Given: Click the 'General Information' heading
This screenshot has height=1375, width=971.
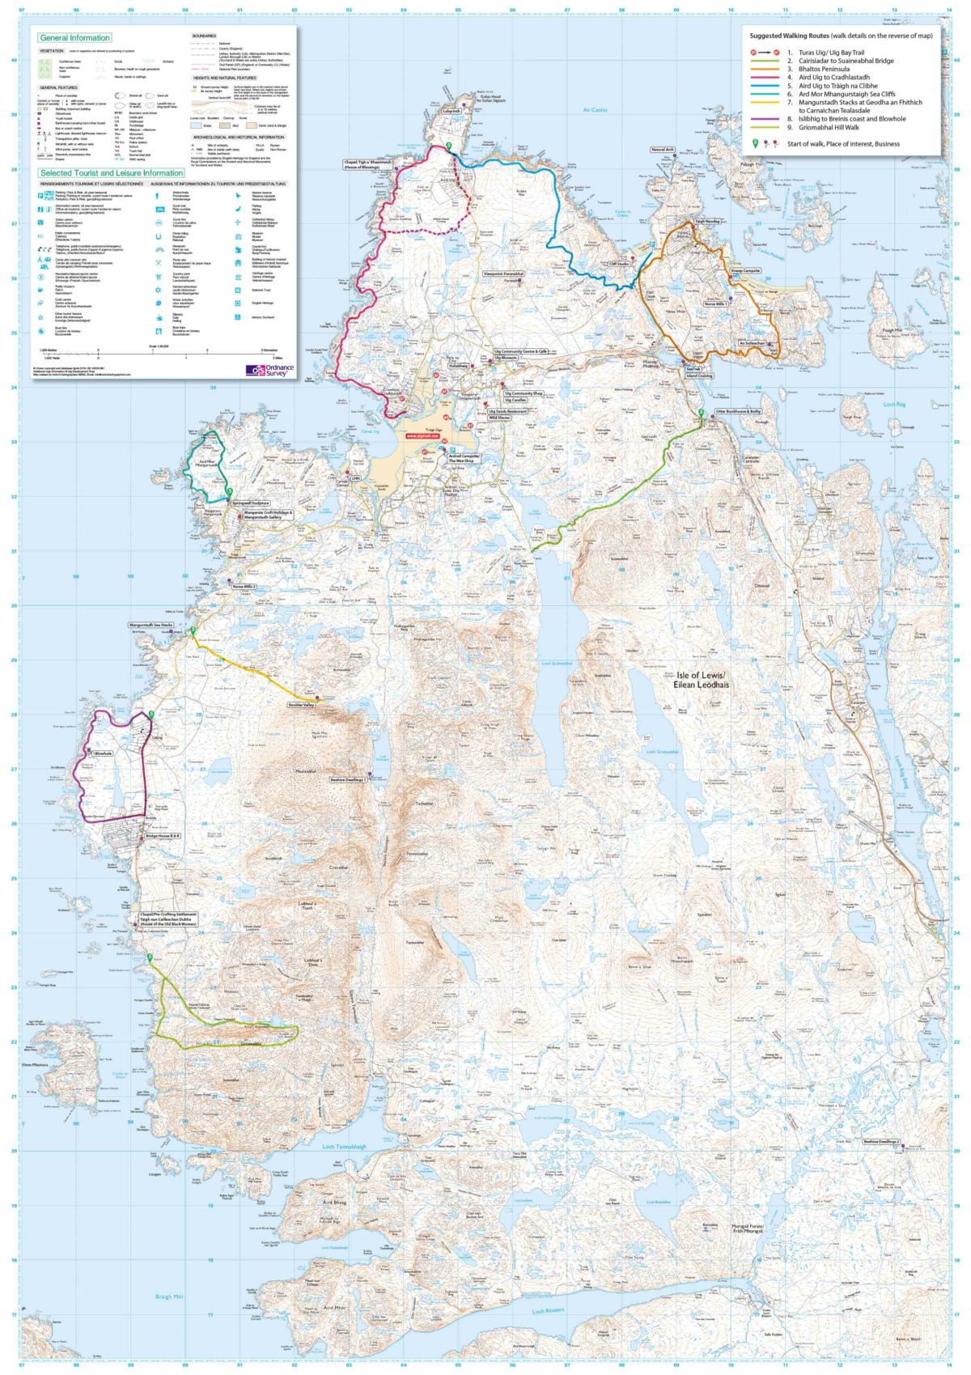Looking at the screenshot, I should click(x=74, y=38).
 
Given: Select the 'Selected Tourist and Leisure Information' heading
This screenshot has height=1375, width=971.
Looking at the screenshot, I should click(x=112, y=173).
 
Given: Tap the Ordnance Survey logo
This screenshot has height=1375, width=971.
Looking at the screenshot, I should click(x=269, y=371).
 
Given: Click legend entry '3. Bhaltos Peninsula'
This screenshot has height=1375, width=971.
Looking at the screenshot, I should click(x=824, y=69).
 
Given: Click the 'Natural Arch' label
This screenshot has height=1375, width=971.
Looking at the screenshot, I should click(x=662, y=150).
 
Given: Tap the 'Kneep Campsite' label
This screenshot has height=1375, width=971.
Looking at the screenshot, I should click(x=746, y=271).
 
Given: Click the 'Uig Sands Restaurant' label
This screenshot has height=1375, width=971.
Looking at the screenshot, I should click(x=512, y=411).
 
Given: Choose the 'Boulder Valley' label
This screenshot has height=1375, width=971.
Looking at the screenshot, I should click(x=301, y=706).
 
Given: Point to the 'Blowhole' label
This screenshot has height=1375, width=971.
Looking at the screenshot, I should click(x=103, y=754).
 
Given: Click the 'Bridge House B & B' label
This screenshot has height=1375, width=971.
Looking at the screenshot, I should click(x=163, y=836).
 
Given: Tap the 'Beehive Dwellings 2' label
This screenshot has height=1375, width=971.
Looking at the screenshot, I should click(x=881, y=1142).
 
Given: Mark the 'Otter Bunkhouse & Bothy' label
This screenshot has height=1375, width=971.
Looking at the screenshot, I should click(x=739, y=411).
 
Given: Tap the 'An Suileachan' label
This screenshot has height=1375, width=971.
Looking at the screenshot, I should click(x=752, y=344).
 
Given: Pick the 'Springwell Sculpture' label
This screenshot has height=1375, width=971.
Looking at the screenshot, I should click(x=251, y=503).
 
